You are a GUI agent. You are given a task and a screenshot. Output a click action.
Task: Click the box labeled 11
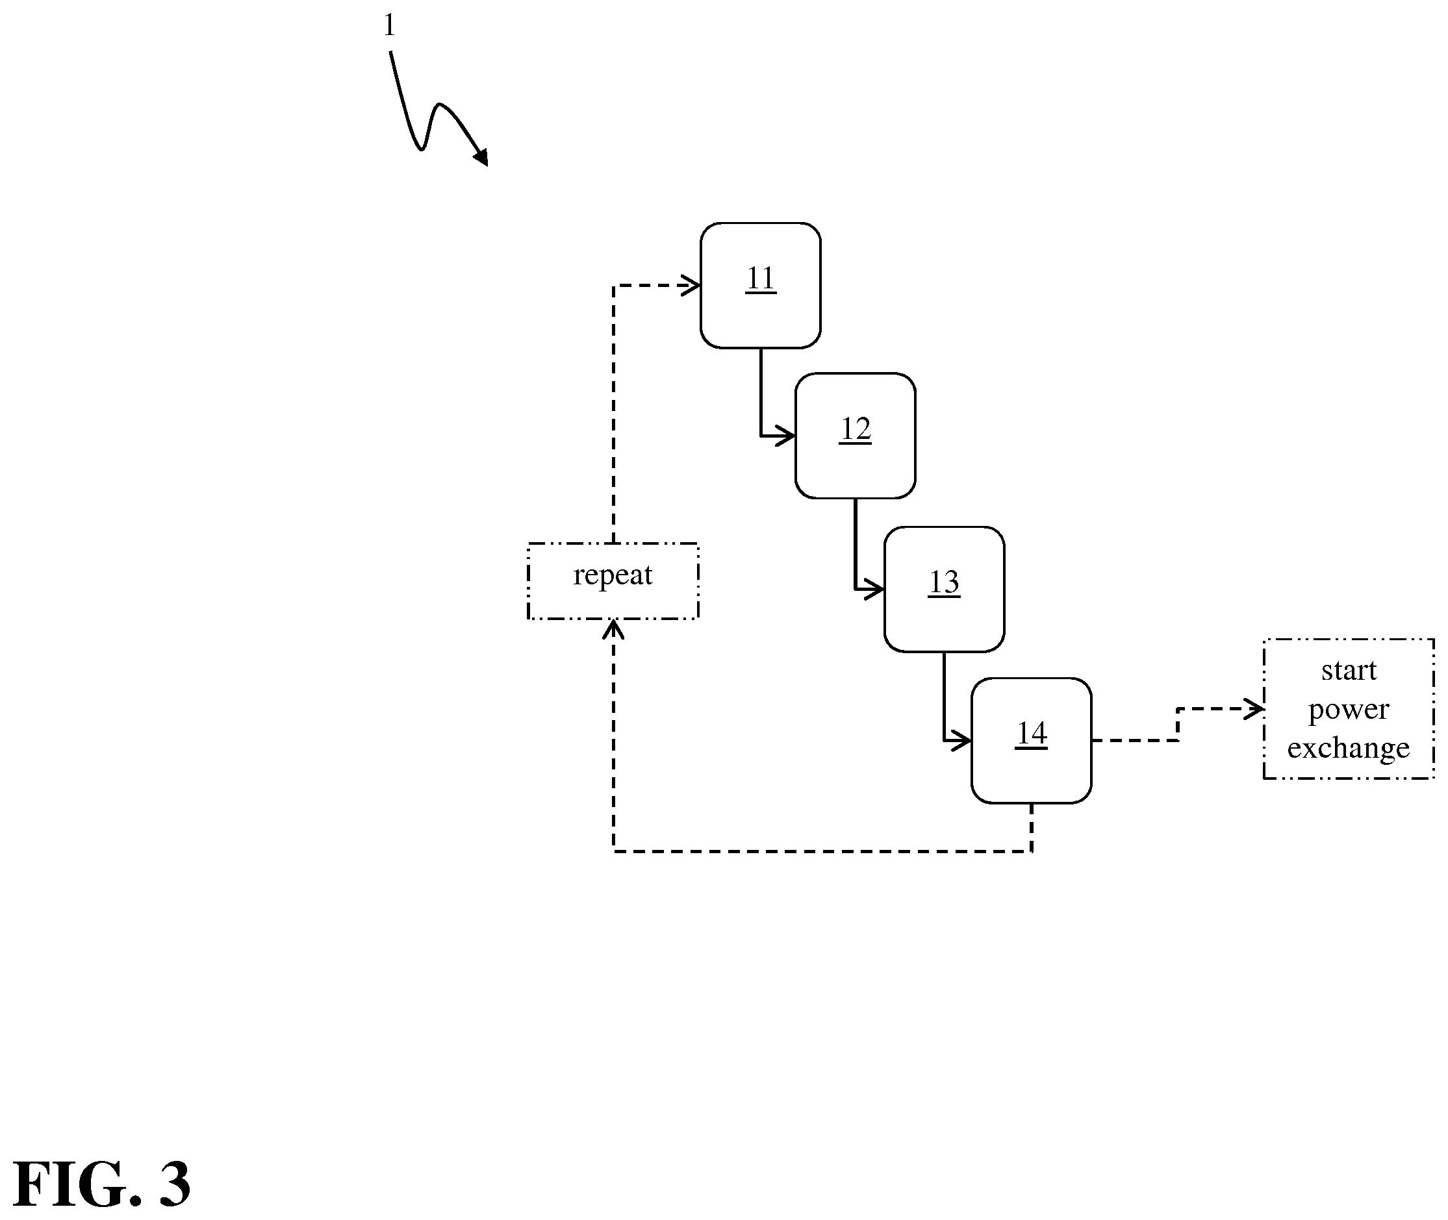760,285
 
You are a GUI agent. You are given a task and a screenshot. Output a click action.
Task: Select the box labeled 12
855,436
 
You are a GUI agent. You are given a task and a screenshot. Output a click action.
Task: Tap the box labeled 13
945,590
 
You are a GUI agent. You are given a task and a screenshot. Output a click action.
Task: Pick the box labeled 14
1032,741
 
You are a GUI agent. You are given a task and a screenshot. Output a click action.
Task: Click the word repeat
613,575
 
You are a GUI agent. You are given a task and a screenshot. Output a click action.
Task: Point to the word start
1349,670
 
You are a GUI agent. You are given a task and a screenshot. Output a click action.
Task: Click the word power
1349,710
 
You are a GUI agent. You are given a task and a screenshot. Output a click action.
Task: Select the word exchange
1349,749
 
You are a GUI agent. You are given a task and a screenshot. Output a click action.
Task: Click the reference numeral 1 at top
389,25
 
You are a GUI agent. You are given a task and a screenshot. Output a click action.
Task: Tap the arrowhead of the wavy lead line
481,158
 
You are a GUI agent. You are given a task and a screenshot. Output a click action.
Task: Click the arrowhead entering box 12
785,436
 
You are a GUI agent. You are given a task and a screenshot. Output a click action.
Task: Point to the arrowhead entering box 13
874,590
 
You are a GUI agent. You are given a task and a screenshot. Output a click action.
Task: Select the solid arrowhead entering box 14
961,741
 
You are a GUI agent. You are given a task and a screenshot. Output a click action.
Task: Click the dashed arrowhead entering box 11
691,285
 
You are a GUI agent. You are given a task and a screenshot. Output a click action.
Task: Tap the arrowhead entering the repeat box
614,628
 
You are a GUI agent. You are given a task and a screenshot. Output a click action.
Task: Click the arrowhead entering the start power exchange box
1254,709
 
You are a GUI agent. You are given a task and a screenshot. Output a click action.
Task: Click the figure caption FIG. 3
102,1185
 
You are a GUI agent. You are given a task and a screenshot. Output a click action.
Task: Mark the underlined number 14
1032,734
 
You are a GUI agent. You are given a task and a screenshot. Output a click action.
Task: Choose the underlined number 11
760,279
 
